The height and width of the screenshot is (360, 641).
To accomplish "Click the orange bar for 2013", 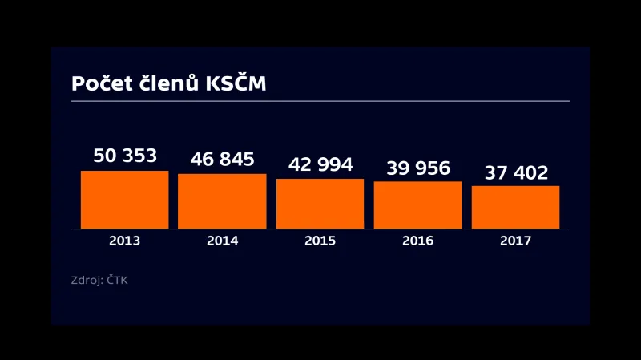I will (124, 200).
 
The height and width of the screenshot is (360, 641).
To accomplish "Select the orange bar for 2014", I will (222, 201).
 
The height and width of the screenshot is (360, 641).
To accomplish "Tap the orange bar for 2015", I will (320, 204).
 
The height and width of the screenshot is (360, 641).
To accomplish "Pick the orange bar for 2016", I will (417, 205).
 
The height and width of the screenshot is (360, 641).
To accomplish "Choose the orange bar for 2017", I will (515, 207).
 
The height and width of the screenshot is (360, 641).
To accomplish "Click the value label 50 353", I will (125, 156).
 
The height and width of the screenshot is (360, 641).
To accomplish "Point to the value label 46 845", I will (222, 159).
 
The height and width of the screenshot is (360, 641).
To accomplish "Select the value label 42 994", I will (320, 164).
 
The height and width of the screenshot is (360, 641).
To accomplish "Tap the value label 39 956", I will (418, 168).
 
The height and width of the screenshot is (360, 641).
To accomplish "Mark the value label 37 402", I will (516, 172).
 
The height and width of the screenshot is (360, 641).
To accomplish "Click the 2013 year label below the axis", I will (124, 241).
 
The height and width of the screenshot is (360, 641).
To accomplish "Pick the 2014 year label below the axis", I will (222, 241).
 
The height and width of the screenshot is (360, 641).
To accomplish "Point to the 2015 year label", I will (320, 241).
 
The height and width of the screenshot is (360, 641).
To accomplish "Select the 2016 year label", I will (417, 241).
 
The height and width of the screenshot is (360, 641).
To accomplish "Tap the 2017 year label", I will (515, 241).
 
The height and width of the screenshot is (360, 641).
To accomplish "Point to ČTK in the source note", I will (117, 281).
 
